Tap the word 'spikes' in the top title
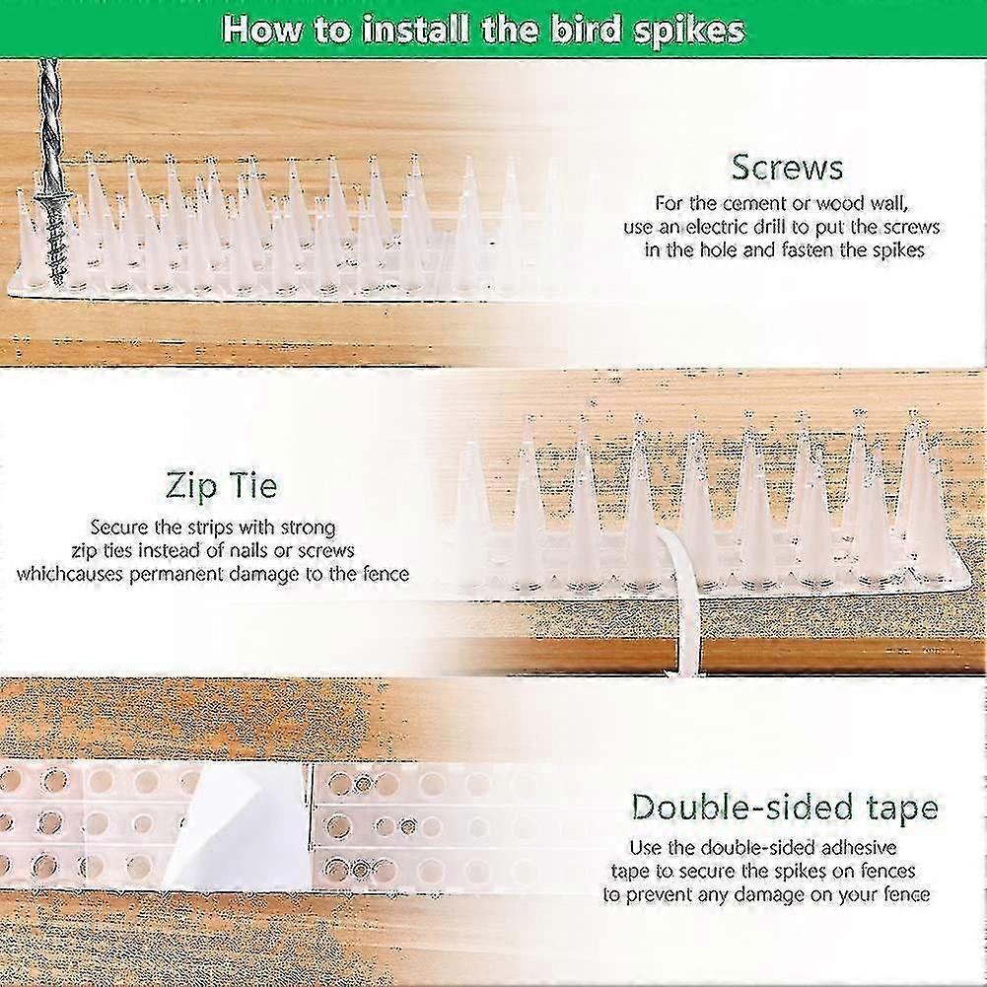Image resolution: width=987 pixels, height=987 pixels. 687,30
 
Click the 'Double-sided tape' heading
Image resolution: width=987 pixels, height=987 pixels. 785,808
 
